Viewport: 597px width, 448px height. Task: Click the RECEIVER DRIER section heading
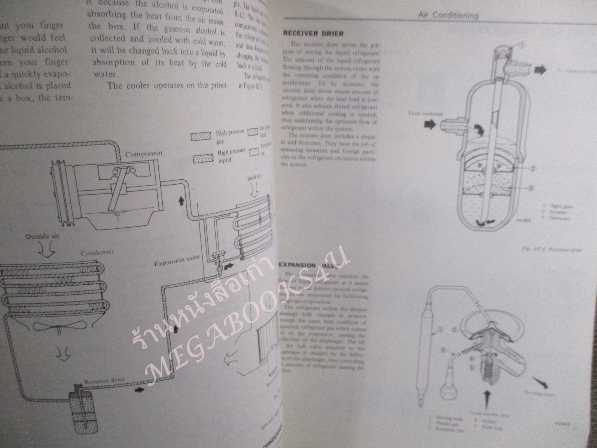click(313, 34)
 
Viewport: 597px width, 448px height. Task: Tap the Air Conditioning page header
click(448, 15)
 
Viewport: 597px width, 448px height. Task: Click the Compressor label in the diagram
click(144, 154)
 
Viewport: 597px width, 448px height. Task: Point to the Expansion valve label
click(177, 260)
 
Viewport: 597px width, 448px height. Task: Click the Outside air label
click(43, 236)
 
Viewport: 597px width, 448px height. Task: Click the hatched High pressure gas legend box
click(201, 137)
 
